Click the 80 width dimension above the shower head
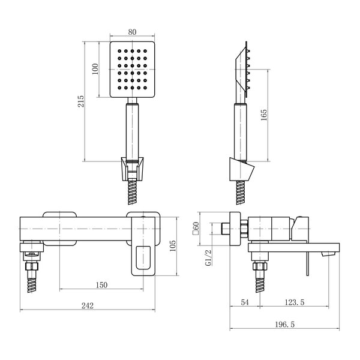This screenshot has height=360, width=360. point(132,32)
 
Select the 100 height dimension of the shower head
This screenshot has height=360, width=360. point(95,69)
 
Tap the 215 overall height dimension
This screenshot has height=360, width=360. point(81,101)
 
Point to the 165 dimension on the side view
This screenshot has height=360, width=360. point(264,115)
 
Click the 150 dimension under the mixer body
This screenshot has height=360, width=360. point(101,285)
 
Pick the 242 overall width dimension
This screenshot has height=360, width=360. point(88,305)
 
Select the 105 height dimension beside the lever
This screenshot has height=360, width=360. point(173,245)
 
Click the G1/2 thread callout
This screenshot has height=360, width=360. point(208,257)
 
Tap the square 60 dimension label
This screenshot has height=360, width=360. point(196,228)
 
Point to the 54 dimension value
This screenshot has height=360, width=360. point(245,302)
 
